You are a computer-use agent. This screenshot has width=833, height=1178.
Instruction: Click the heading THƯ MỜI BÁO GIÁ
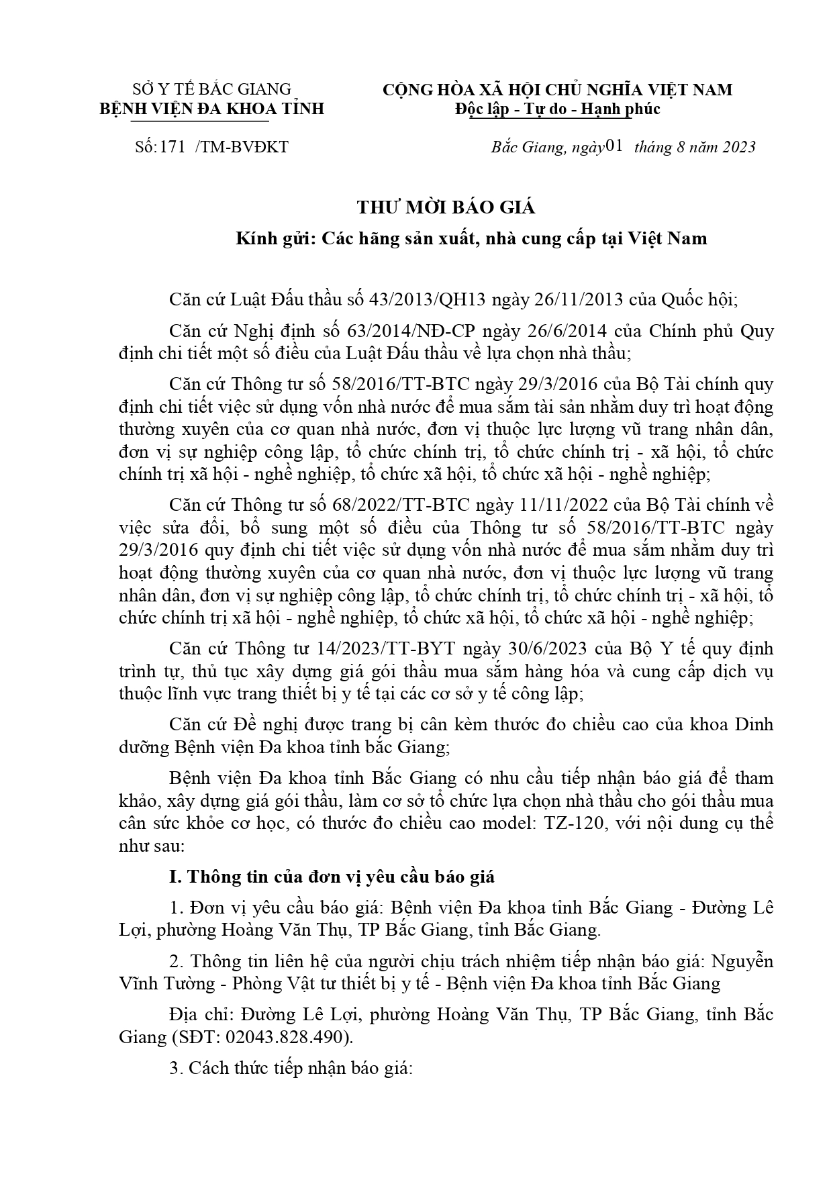(x=446, y=207)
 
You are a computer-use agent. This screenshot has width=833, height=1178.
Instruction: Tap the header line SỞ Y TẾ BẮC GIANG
(x=212, y=89)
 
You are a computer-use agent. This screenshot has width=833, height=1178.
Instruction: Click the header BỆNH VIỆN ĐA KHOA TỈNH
(x=212, y=109)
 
